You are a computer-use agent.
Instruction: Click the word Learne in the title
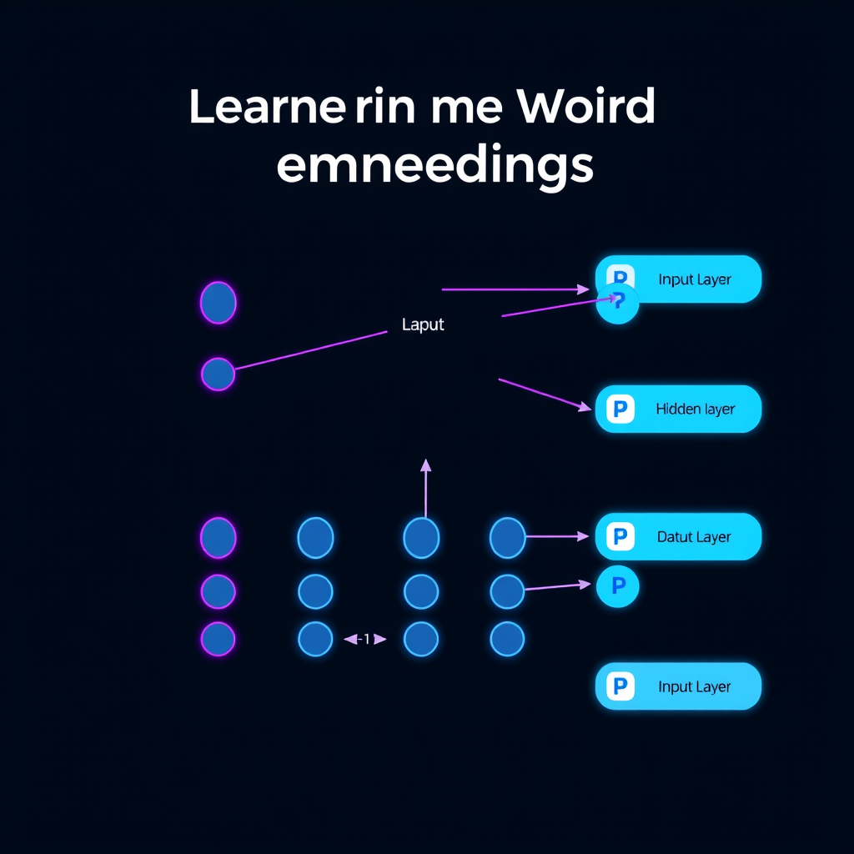coord(267,106)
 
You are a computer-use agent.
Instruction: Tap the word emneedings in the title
coord(435,165)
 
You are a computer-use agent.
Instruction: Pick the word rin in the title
coord(385,107)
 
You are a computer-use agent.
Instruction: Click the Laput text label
coord(423,324)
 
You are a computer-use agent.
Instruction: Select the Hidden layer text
coord(695,409)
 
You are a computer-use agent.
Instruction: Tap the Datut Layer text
coord(694,537)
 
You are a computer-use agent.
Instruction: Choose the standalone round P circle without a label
coord(618,586)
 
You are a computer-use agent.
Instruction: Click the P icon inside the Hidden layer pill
coord(620,409)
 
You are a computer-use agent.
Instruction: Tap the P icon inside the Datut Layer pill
coord(620,536)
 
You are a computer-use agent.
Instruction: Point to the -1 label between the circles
coord(365,639)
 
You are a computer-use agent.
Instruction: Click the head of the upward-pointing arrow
coord(426,465)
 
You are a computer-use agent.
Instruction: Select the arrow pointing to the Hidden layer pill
coord(545,394)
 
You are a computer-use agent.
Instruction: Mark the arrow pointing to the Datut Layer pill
coord(556,536)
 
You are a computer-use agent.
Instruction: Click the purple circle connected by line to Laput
coord(218,374)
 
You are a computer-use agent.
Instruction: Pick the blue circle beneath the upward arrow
coord(421,538)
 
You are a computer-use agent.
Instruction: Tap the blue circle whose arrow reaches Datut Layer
coord(508,538)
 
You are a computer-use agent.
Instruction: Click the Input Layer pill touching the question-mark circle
coord(678,279)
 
